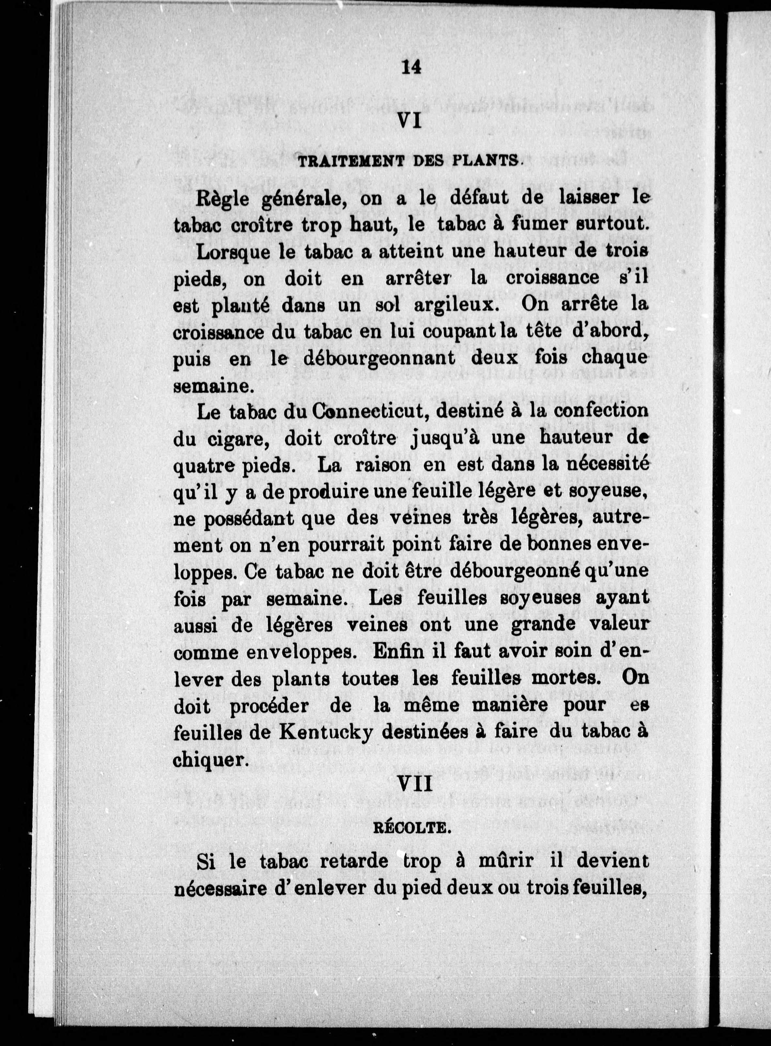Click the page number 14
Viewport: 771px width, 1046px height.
tap(411, 67)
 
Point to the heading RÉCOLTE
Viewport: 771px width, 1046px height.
tap(411, 829)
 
